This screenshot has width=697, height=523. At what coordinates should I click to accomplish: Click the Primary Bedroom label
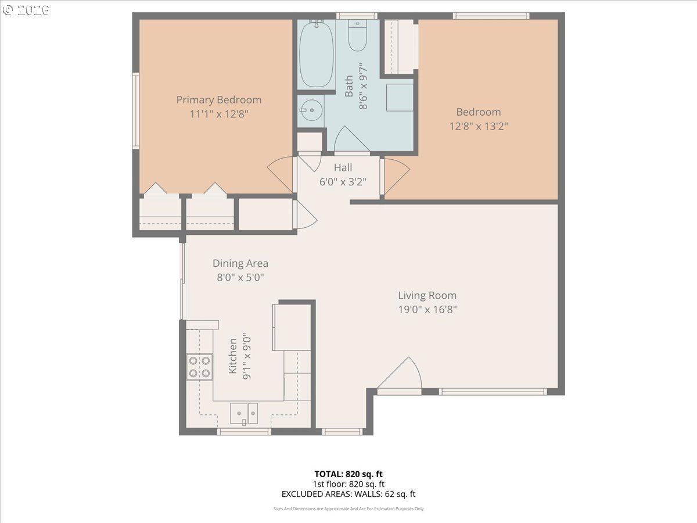point(219,100)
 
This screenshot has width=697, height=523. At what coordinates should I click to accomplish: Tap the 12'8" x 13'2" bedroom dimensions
point(479,126)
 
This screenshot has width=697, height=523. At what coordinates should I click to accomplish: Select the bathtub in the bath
point(317,53)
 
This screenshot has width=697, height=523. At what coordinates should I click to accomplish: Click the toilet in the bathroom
point(358,35)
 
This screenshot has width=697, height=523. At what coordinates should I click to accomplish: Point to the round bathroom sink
point(311,110)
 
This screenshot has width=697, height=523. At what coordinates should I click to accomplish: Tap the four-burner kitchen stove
point(199,367)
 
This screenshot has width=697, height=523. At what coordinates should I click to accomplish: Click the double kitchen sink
point(244,413)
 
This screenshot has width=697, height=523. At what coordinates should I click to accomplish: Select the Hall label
point(343,167)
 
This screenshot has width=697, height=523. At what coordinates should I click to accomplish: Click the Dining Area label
point(240,263)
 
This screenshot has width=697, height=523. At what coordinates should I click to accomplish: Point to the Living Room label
point(427,295)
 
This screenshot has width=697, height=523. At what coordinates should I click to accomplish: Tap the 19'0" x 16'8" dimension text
point(427,309)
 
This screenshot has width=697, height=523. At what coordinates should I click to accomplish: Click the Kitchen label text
point(233,356)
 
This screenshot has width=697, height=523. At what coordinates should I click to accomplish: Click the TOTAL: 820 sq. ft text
point(348,474)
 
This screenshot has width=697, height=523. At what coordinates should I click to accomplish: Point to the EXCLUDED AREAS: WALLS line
point(348,494)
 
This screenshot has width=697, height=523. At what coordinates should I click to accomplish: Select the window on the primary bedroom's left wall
point(136,110)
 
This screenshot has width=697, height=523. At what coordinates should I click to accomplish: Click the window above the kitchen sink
point(244,432)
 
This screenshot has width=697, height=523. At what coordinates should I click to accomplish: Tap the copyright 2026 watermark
point(26,10)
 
